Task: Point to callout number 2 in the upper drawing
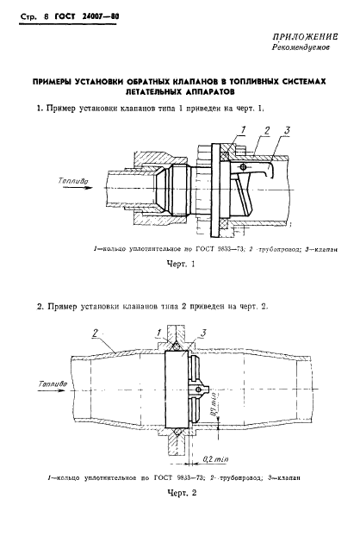click(x=268, y=128)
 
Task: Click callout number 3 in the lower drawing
click(x=202, y=331)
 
